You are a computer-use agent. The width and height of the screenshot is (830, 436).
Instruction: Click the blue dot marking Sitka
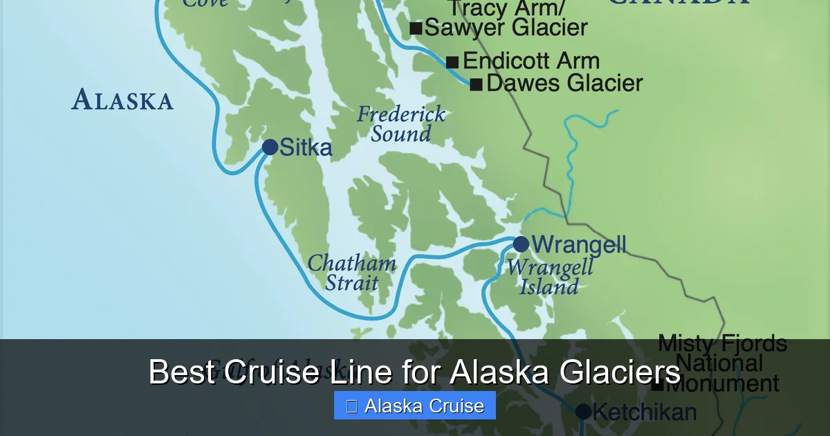pyautogui.click(x=270, y=147)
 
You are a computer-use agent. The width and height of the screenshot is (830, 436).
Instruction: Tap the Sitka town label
pyautogui.click(x=306, y=147)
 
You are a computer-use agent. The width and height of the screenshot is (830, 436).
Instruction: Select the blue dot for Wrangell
pyautogui.click(x=521, y=244)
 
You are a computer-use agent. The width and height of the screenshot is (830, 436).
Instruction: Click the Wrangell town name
pyautogui.click(x=578, y=244)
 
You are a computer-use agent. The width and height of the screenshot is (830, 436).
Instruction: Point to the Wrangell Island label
pyautogui.click(x=550, y=277)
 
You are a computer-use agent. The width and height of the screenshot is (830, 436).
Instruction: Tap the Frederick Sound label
pyautogui.click(x=401, y=124)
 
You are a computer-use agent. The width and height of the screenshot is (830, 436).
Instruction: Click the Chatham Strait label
pyautogui.click(x=352, y=273)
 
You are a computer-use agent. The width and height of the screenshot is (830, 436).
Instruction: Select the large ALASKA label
pyautogui.click(x=122, y=100)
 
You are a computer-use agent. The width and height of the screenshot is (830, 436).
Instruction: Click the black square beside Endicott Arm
pyautogui.click(x=452, y=62)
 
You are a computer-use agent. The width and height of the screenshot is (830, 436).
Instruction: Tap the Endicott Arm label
pyautogui.click(x=531, y=61)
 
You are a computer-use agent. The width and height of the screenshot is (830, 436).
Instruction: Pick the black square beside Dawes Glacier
pyautogui.click(x=476, y=85)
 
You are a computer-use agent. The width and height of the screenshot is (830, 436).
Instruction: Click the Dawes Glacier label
pyautogui.click(x=564, y=84)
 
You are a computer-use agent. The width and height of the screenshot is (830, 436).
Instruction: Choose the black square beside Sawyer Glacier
pyautogui.click(x=416, y=28)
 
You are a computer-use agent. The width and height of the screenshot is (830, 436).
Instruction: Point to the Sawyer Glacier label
pyautogui.click(x=506, y=28)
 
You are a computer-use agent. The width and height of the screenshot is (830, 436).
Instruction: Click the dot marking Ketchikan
pyautogui.click(x=583, y=412)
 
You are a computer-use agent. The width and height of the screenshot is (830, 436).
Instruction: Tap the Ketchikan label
pyautogui.click(x=644, y=412)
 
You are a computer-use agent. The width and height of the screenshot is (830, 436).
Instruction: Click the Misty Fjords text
pyautogui.click(x=722, y=343)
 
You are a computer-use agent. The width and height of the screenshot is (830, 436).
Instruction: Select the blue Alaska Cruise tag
pyautogui.click(x=415, y=406)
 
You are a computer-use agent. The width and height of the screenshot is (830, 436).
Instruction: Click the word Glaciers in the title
pyautogui.click(x=609, y=372)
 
